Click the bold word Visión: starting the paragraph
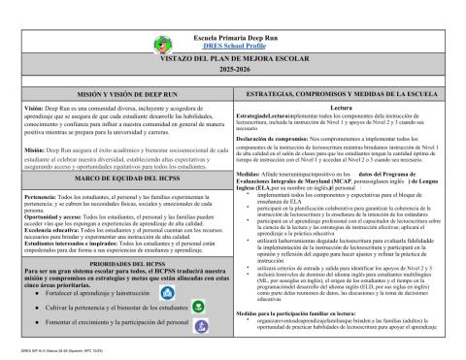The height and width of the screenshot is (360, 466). tap(33, 108)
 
